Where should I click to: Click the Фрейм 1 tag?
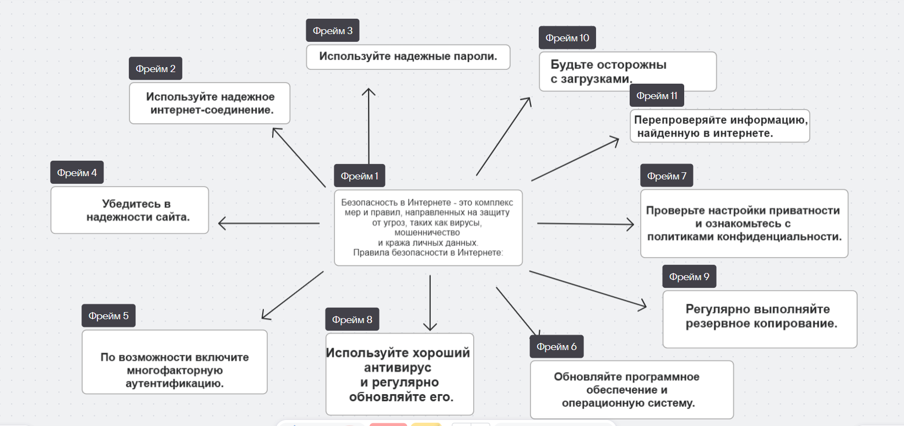(359, 176)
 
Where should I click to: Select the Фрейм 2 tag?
(155, 69)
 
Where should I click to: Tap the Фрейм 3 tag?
(332, 31)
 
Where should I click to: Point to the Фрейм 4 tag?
(77, 173)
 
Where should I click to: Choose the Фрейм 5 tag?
(108, 316)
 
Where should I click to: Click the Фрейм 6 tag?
(556, 347)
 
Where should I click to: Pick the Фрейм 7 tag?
(667, 176)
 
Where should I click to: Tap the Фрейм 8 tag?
(351, 320)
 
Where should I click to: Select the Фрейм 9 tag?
(689, 277)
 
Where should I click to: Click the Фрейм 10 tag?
(567, 38)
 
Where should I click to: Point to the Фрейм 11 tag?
(657, 96)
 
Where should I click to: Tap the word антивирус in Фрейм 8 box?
(397, 368)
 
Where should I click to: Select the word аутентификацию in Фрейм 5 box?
(174, 384)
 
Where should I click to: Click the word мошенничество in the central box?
(427, 233)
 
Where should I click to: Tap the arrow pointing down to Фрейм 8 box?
(430, 303)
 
